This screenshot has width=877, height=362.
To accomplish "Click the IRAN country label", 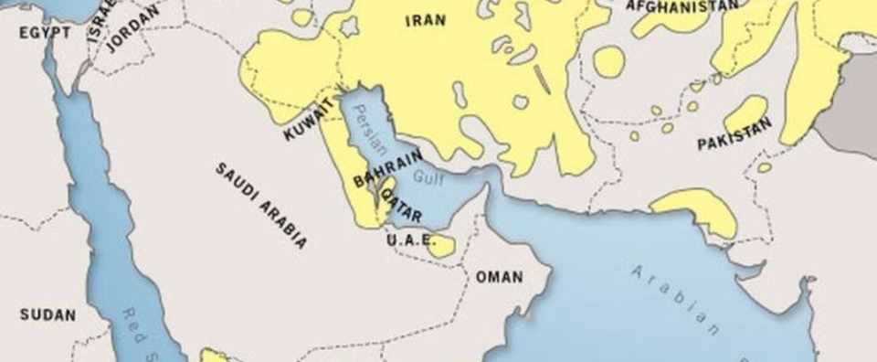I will (x=426, y=20).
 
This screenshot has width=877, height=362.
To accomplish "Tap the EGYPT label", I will (x=44, y=32).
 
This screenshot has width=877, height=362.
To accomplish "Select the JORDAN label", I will (x=132, y=28).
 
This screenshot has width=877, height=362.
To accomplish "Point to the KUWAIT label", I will (x=309, y=121).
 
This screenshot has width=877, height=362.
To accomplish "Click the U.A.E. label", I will (x=407, y=240).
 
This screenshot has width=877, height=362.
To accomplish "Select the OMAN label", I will (x=499, y=276).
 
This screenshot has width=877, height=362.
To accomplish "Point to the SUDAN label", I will (x=48, y=314).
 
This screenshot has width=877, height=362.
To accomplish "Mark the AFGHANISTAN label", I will (x=682, y=5).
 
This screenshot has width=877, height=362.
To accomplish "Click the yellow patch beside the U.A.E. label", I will (x=441, y=245).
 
